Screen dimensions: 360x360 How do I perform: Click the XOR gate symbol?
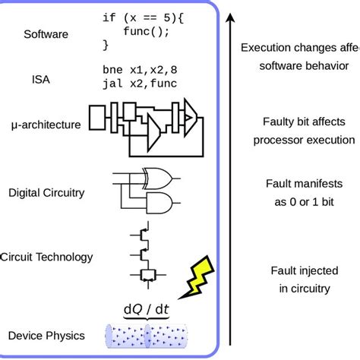point(157,177)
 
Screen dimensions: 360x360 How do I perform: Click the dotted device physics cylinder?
point(148,335)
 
